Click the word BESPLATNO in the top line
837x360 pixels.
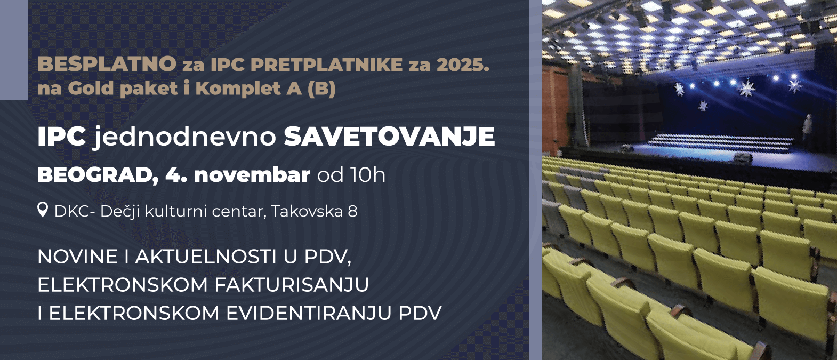tap(107, 64)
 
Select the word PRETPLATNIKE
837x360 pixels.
tap(327, 65)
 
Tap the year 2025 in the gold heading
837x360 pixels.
tap(462, 65)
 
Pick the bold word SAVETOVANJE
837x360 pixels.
tap(389, 137)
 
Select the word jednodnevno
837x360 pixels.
tap(185, 137)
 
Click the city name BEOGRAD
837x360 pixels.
tap(98, 175)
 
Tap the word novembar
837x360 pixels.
tap(252, 175)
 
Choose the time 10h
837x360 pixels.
tap(368, 175)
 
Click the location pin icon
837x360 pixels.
tap(43, 210)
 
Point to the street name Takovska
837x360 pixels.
tap(307, 211)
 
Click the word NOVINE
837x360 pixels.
tap(77, 257)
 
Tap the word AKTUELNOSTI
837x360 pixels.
tap(206, 257)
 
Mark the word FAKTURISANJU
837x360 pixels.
tap(292, 285)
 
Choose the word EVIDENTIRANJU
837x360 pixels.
tap(309, 313)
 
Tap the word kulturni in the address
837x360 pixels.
tap(176, 211)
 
